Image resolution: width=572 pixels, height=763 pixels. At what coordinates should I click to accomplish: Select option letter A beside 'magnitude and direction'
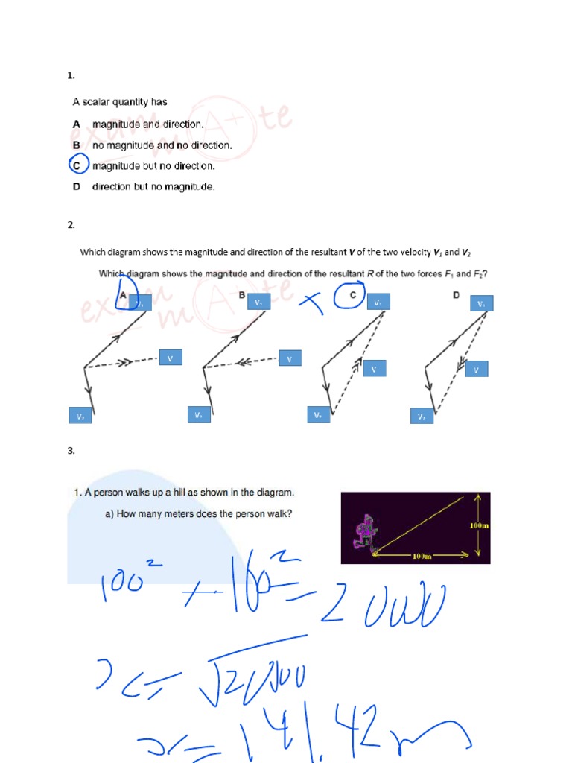click(x=77, y=124)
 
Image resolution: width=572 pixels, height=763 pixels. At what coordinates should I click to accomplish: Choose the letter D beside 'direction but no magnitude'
click(x=77, y=186)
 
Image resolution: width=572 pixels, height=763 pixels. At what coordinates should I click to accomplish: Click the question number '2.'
click(x=71, y=224)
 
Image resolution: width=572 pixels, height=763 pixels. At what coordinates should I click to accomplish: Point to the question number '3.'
click(x=71, y=450)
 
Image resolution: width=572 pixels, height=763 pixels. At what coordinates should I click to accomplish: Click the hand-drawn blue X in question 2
click(x=313, y=302)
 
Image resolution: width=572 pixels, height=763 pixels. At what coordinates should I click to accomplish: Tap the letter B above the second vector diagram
click(x=241, y=295)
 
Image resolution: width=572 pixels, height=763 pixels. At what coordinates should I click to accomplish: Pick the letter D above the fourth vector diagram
click(x=456, y=295)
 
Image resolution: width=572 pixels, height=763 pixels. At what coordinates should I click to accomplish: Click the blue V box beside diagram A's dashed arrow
click(x=170, y=358)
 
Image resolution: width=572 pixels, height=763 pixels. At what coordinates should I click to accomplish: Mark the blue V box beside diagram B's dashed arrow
click(x=290, y=359)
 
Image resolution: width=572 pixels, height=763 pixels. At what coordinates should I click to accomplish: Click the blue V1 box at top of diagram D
click(x=481, y=303)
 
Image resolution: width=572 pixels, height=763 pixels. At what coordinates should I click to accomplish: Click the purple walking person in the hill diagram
click(x=364, y=532)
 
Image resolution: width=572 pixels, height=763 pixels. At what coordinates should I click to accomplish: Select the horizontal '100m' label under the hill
click(x=423, y=556)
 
